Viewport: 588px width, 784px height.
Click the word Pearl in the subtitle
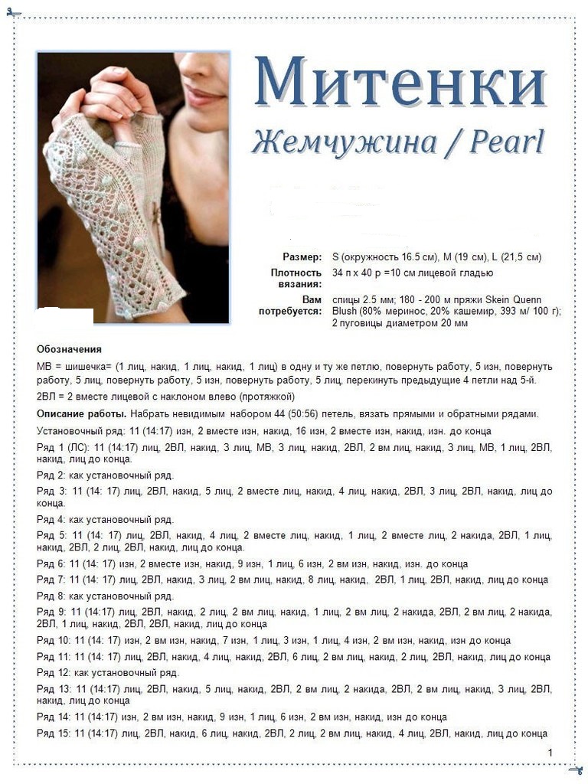tap(506, 142)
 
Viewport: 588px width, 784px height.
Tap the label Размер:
tap(302, 257)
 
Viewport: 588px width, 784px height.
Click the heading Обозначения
tap(69, 349)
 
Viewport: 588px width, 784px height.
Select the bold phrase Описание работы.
tap(80, 414)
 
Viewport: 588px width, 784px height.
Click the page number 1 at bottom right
tap(550, 753)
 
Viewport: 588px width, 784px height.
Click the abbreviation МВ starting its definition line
tap(44, 366)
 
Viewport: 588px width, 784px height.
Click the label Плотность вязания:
tap(296, 278)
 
